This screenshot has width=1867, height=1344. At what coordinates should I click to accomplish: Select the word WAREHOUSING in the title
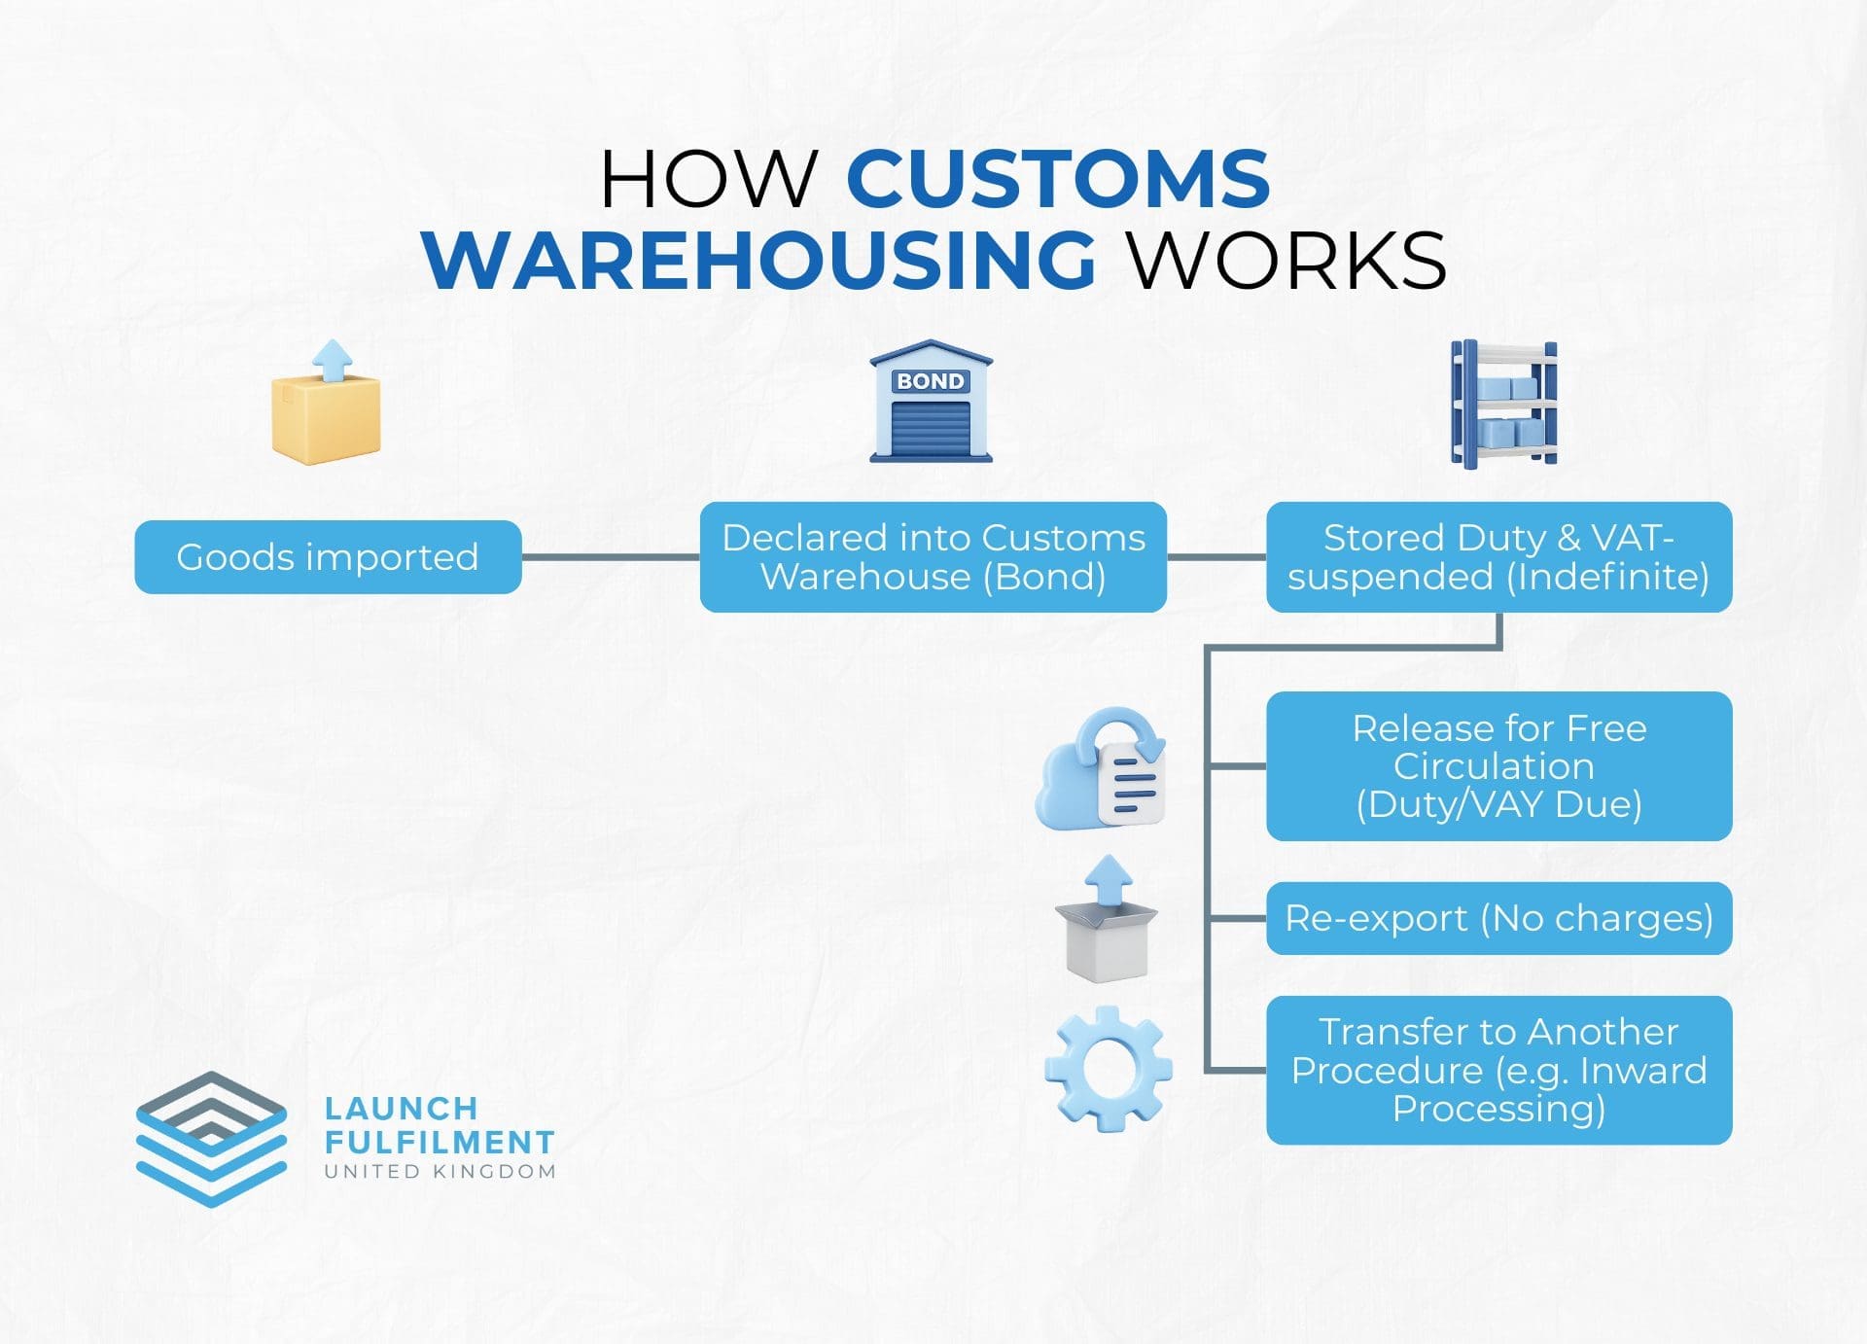click(x=759, y=261)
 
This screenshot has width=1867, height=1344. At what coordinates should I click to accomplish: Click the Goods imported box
click(x=328, y=557)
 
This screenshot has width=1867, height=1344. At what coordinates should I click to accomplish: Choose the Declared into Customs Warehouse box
click(x=933, y=557)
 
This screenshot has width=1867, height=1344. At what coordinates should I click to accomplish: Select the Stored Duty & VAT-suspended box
click(x=1498, y=557)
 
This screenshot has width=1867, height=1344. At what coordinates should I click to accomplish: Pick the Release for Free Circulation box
click(x=1498, y=766)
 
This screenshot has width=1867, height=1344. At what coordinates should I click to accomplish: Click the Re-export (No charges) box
click(x=1498, y=918)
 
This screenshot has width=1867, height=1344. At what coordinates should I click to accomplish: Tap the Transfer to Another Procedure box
click(x=1498, y=1070)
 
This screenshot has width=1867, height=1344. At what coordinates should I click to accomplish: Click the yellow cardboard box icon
click(x=326, y=418)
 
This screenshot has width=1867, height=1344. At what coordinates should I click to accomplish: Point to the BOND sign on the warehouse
click(x=931, y=381)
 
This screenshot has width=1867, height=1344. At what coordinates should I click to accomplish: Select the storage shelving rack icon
click(x=1503, y=404)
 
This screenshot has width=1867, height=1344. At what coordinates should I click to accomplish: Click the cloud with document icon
click(x=1102, y=770)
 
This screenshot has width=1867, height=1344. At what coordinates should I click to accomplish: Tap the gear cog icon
click(x=1108, y=1069)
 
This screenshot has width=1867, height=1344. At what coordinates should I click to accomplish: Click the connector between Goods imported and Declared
click(x=611, y=557)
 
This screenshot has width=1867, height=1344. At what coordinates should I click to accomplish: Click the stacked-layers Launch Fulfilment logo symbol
click(x=211, y=1139)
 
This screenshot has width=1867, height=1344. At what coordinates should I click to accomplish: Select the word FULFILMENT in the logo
click(x=440, y=1142)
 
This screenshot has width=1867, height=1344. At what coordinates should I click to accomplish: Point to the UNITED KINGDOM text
click(x=440, y=1172)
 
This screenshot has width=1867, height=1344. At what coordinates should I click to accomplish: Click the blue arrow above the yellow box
click(x=334, y=359)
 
